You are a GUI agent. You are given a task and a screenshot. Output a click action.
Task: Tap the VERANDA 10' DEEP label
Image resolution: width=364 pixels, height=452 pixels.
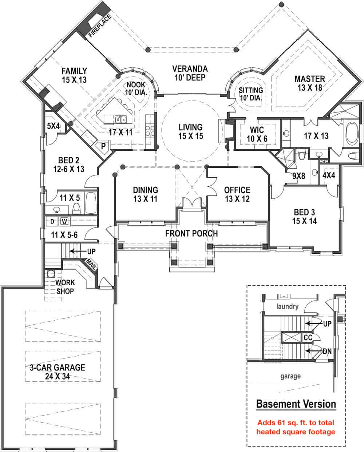pyautogui.click(x=190, y=73)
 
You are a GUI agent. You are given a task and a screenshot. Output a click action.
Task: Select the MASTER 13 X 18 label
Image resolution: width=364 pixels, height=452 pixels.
pyautogui.click(x=309, y=83)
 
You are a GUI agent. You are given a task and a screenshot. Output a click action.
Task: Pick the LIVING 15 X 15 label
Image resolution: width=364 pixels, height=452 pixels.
pyautogui.click(x=190, y=131)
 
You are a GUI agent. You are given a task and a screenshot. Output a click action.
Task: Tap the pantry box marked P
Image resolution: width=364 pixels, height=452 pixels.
pyautogui.click(x=103, y=146)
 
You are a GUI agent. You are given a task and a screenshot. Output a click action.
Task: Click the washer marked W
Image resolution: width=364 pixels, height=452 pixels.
pyautogui.click(x=64, y=221)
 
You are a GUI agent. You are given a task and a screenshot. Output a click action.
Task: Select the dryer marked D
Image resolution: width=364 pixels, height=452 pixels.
pyautogui.click(x=52, y=221)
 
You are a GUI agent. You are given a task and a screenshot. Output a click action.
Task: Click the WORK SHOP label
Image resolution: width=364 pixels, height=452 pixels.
pyautogui.click(x=65, y=286)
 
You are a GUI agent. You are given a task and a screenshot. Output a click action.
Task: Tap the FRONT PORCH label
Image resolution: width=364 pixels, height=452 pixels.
pyautogui.click(x=191, y=233)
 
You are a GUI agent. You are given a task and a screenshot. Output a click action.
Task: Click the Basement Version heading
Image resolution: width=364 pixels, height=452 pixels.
pyautogui.click(x=296, y=404)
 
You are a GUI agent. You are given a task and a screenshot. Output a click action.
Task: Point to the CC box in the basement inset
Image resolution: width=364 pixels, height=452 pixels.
pyautogui.click(x=308, y=337)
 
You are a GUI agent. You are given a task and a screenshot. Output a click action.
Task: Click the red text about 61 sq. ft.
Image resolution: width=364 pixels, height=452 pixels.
pyautogui.click(x=296, y=427)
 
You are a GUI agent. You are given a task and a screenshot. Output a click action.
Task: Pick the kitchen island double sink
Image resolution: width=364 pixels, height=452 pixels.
pyautogui.click(x=120, y=119)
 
